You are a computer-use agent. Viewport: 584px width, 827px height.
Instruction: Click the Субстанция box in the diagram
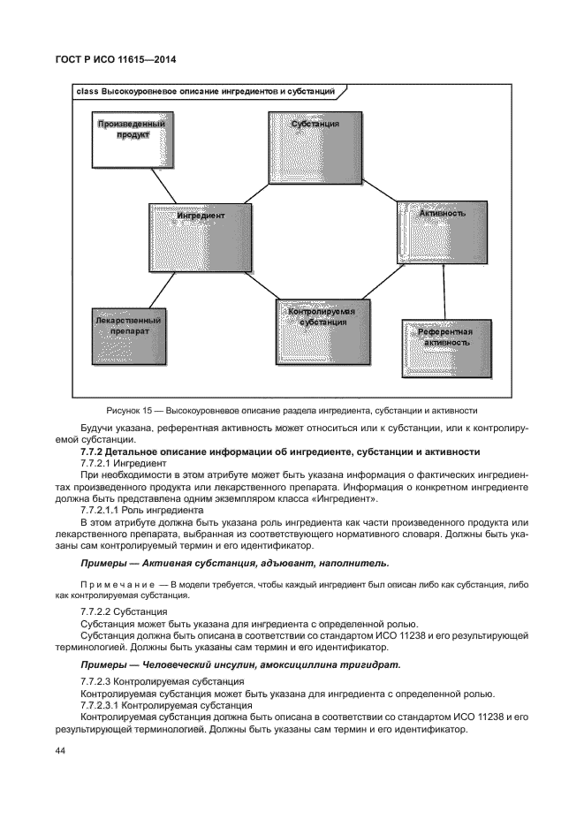(315, 146)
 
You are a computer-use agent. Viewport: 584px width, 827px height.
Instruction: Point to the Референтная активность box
(447, 348)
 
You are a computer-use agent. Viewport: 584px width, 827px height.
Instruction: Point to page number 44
(61, 750)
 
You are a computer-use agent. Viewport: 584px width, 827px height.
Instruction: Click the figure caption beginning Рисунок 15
(292, 410)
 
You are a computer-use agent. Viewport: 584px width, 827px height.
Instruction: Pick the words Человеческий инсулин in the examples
(193, 663)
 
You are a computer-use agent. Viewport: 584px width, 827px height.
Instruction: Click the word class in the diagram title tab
(87, 92)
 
